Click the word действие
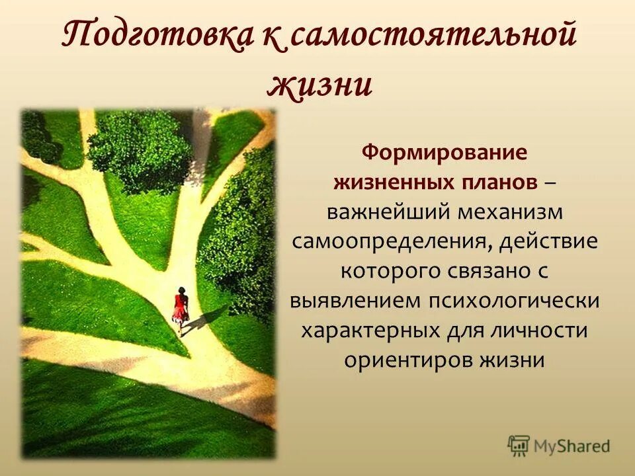coord(548,241)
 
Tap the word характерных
coord(371,330)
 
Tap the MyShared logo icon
coord(520,445)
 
